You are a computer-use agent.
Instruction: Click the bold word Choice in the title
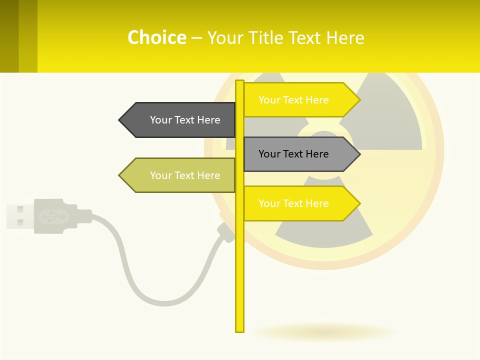point(157,37)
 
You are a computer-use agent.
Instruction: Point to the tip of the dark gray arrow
point(120,120)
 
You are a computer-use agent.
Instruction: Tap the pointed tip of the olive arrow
point(120,175)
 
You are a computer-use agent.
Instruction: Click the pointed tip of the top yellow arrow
point(358,100)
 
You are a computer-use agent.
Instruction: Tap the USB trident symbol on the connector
point(53,216)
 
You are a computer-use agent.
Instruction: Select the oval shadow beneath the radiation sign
point(325,332)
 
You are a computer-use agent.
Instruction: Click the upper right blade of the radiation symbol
point(395,120)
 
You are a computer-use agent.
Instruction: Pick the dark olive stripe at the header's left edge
point(9,36)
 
